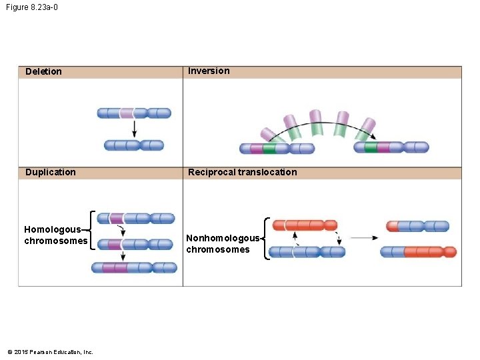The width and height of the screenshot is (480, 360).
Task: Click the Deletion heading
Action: pyautogui.click(x=43, y=72)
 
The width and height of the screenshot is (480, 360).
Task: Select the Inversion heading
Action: pyautogui.click(x=209, y=71)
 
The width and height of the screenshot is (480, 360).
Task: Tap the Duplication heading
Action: pyautogui.click(x=51, y=173)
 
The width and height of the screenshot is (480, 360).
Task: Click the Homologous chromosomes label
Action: pyautogui.click(x=55, y=235)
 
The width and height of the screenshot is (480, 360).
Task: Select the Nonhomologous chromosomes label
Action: pyautogui.click(x=222, y=244)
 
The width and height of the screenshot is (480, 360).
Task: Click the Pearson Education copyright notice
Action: pyautogui.click(x=50, y=352)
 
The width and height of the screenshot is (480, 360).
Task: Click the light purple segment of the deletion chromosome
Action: pyautogui.click(x=127, y=113)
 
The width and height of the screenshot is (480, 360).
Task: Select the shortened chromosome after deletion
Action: pyautogui.click(x=134, y=145)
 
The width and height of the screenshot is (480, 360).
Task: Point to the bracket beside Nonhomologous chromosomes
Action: pyautogui.click(x=267, y=238)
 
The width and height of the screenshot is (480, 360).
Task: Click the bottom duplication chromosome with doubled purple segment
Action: pyautogui.click(x=134, y=267)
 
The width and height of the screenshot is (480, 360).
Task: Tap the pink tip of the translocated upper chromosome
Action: pyautogui.click(x=393, y=226)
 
